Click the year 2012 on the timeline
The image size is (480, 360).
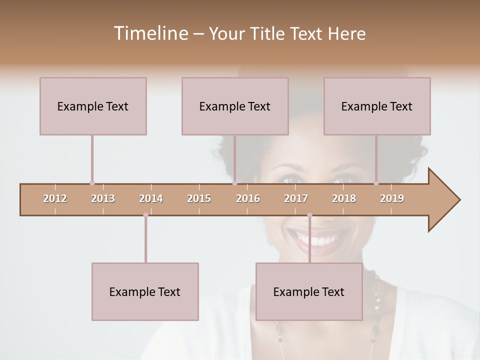point(55,198)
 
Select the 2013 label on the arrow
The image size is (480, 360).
point(103,198)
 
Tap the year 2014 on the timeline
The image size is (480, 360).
point(151,198)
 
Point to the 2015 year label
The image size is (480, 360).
point(199,198)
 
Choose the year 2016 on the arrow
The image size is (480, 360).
point(248,198)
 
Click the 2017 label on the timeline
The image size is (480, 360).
point(296,198)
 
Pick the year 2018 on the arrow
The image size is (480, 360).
point(344,198)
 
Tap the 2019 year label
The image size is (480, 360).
point(392,198)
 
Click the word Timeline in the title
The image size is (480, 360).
point(150,33)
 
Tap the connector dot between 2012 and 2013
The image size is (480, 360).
point(92,183)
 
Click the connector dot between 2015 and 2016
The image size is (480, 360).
point(234,183)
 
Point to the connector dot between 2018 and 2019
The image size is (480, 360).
point(376,183)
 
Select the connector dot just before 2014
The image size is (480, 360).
point(145,215)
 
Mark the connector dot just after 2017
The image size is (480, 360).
point(309,215)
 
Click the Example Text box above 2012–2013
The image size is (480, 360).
point(93,106)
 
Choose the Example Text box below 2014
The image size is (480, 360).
point(145,291)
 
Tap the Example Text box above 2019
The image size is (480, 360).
point(377,106)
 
